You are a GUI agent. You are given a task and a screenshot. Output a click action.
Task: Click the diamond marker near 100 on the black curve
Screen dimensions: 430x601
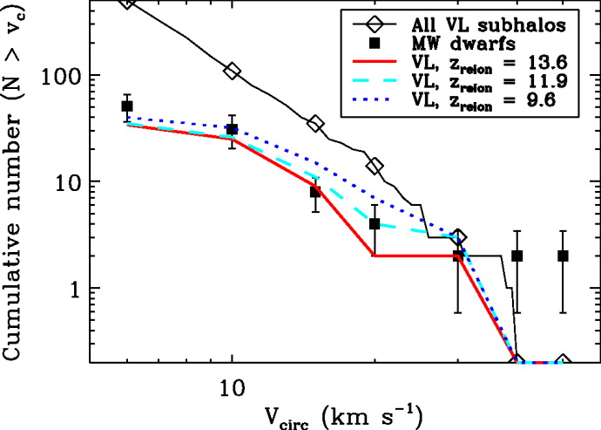232,71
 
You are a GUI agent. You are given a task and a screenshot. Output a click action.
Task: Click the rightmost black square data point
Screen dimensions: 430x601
563,256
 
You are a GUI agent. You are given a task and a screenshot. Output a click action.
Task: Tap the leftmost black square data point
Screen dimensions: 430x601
127,106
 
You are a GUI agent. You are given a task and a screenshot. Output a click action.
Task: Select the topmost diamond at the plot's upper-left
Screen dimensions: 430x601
127,3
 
